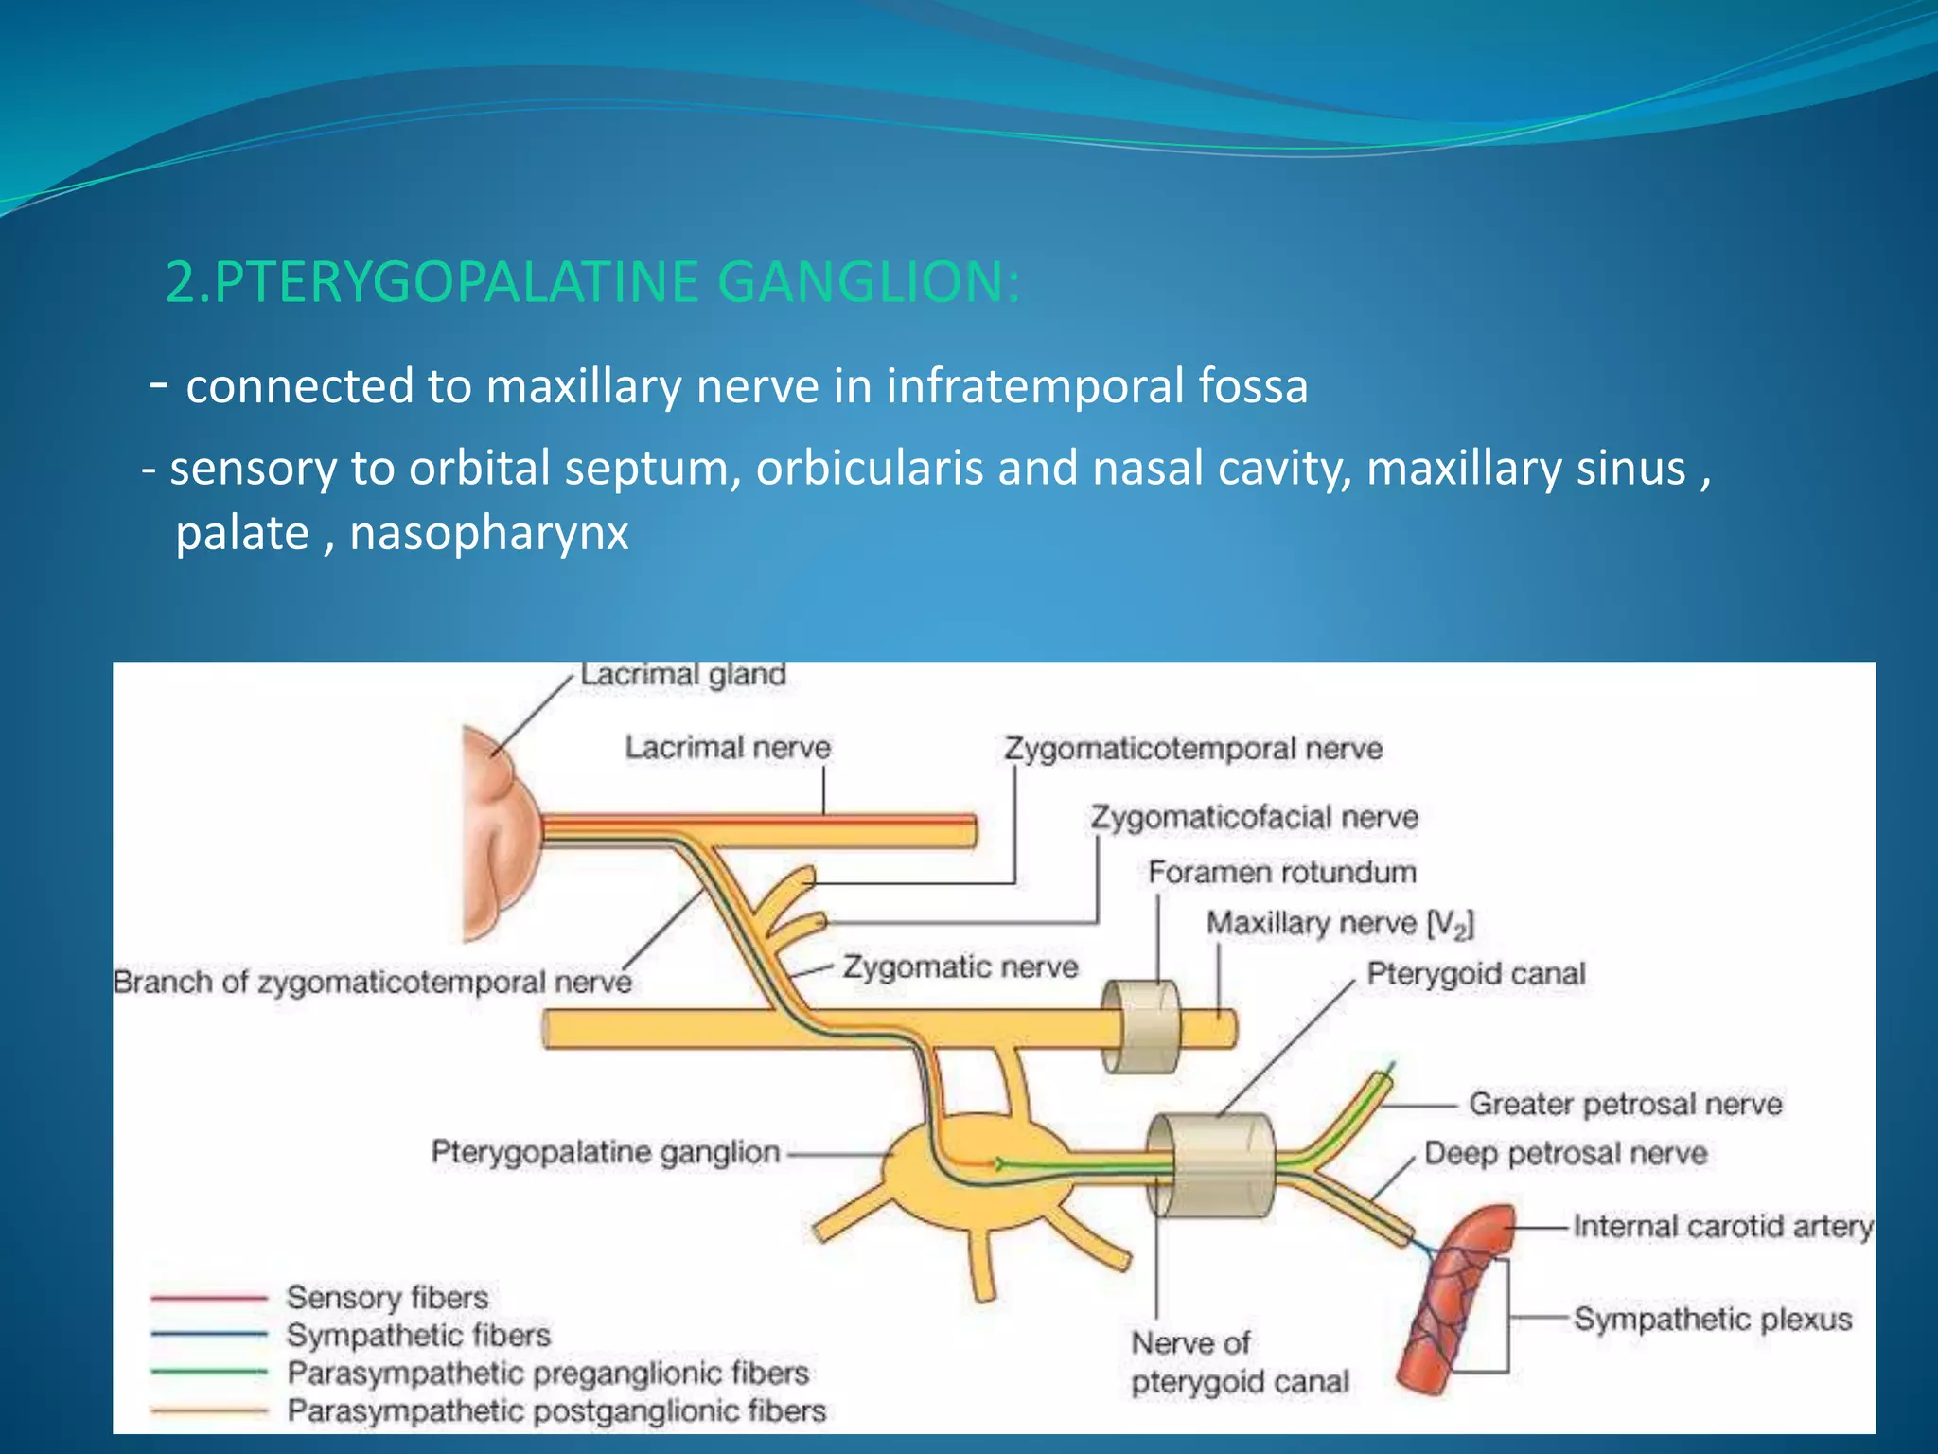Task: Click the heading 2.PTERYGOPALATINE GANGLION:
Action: [x=592, y=282]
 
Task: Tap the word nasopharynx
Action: [x=488, y=533]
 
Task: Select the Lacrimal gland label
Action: [x=682, y=675]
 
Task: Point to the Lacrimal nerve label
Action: [x=727, y=748]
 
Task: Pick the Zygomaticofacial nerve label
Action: [x=1254, y=818]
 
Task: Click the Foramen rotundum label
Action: [x=1281, y=872]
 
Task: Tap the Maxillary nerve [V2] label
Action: [x=1339, y=924]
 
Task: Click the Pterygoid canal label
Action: [x=1475, y=974]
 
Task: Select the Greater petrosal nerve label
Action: [x=1625, y=1104]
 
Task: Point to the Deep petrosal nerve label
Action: [x=1565, y=1154]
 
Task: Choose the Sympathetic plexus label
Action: [x=1712, y=1320]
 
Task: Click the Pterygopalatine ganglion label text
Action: [x=606, y=1153]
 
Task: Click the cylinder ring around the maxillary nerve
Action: [x=1142, y=1027]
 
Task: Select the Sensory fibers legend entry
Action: [x=387, y=1298]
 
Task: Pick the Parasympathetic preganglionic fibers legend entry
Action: [x=548, y=1373]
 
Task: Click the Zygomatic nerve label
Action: [x=960, y=967]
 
